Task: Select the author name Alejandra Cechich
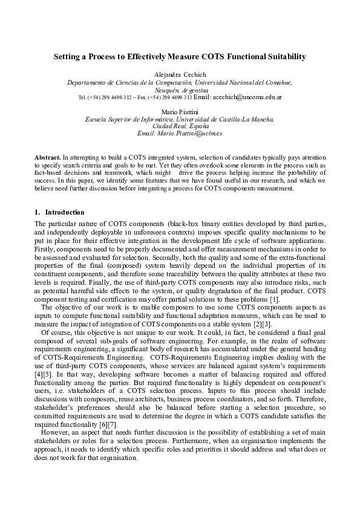(x=180, y=74)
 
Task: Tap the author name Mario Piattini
(x=180, y=112)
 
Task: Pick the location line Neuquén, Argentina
(x=180, y=89)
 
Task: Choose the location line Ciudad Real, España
(x=180, y=126)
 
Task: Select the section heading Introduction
(x=65, y=213)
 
